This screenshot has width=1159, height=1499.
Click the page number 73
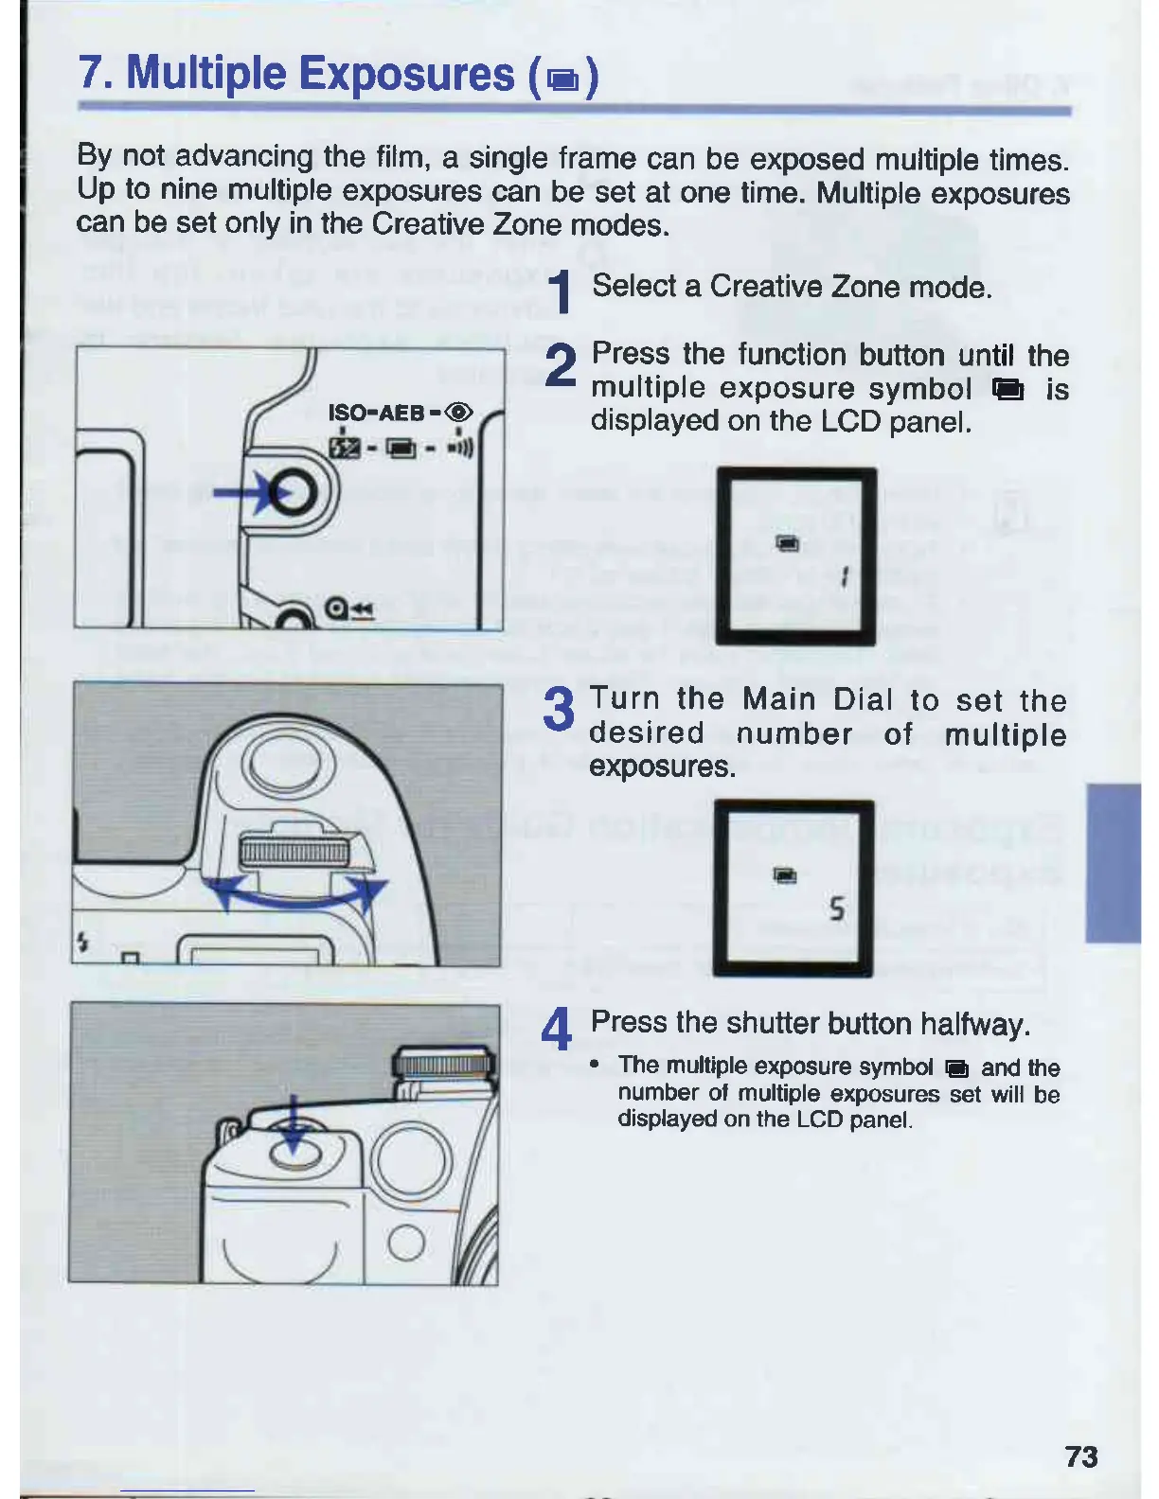point(1081,1455)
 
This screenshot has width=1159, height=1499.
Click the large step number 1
point(562,291)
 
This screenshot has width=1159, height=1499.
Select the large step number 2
point(562,364)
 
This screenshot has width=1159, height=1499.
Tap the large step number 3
point(560,709)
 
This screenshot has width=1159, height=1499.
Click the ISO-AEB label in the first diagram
point(376,413)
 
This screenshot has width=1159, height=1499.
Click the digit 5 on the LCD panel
point(836,909)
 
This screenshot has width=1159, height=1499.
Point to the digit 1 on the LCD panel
point(844,575)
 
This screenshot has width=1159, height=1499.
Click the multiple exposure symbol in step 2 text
point(1007,389)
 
